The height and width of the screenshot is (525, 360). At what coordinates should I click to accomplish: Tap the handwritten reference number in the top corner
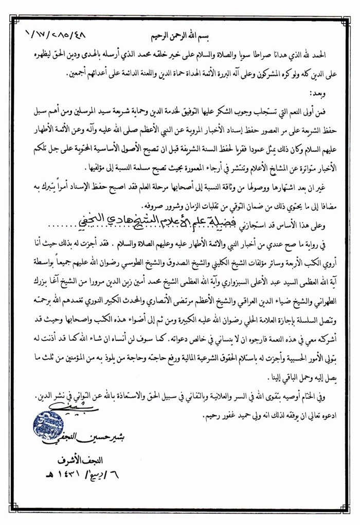(56, 38)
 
